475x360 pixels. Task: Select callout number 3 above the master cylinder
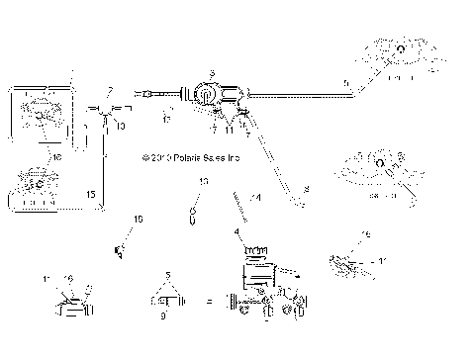[x=211, y=72]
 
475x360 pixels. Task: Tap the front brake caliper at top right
[x=401, y=54]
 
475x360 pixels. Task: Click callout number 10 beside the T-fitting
[x=121, y=127]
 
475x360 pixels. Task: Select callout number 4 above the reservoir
[x=237, y=232]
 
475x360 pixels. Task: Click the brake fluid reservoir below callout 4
[x=255, y=260]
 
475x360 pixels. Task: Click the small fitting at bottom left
[x=70, y=304]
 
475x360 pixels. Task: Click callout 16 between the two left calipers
[x=56, y=156]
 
